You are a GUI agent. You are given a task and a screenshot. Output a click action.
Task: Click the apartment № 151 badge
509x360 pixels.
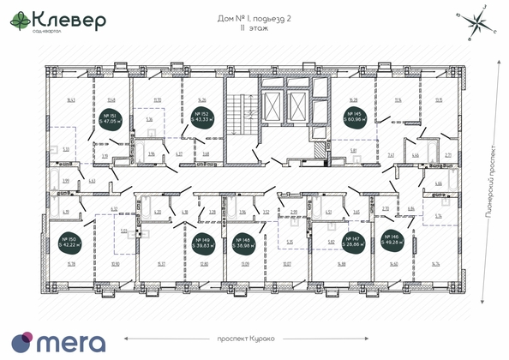tap(110, 117)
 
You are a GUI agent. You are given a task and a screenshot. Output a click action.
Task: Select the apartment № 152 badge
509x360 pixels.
tap(202, 117)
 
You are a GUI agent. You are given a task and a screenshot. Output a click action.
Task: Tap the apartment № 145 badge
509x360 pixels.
tap(353, 117)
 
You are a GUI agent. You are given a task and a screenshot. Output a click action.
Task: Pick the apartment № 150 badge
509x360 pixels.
tap(69, 242)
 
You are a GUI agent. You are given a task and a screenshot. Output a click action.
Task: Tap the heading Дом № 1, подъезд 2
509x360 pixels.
tap(254, 17)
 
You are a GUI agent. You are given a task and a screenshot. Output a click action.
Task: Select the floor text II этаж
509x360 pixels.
tap(254, 28)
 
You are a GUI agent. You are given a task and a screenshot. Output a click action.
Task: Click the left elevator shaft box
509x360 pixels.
tap(274, 106)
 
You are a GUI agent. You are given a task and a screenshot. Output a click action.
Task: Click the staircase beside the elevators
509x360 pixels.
tap(240, 121)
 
